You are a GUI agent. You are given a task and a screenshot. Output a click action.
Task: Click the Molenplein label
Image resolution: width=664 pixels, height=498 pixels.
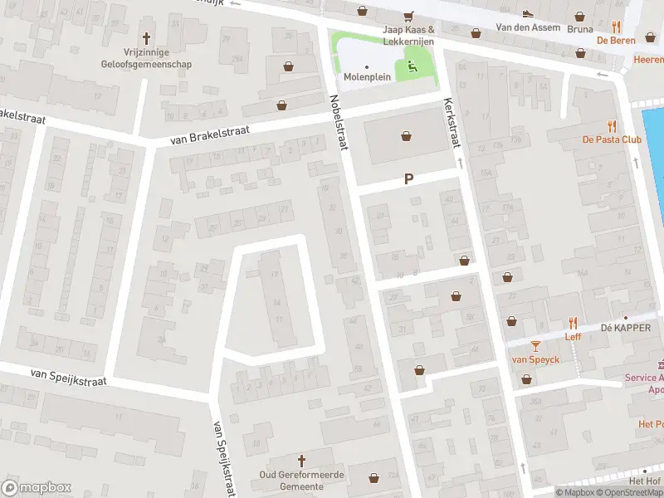pyautogui.click(x=367, y=77)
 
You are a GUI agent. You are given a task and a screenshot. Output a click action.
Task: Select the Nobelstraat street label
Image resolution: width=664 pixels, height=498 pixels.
pyautogui.click(x=336, y=124)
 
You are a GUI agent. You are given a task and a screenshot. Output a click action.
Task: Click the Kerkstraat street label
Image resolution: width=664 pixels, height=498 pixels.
pyautogui.click(x=452, y=125)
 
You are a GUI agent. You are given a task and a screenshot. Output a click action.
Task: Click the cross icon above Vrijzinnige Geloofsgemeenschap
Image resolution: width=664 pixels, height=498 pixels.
pyautogui.click(x=148, y=38)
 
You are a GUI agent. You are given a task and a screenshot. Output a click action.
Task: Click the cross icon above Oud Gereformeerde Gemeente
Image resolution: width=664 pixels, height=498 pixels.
pyautogui.click(x=301, y=460)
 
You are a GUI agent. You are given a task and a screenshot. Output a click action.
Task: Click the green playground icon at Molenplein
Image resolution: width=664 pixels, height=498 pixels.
pyautogui.click(x=413, y=66)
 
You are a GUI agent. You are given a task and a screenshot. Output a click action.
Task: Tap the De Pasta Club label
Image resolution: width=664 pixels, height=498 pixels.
pyautogui.click(x=612, y=139)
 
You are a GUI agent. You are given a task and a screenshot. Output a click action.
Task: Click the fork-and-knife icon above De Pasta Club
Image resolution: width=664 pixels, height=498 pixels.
pyautogui.click(x=612, y=125)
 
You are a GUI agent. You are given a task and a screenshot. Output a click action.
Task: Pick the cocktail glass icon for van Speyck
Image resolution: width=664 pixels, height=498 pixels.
pyautogui.click(x=535, y=345)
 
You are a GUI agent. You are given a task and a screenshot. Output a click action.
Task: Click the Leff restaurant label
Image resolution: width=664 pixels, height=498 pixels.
pyautogui.click(x=573, y=336)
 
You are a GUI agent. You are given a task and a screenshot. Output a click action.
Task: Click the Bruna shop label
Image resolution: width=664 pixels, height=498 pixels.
pyautogui.click(x=580, y=28)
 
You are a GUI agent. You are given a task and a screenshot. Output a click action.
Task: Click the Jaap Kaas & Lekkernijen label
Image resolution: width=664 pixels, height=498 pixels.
pyautogui.click(x=408, y=34)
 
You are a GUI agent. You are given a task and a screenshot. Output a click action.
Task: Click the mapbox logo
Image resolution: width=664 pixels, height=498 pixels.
pyautogui.click(x=37, y=487)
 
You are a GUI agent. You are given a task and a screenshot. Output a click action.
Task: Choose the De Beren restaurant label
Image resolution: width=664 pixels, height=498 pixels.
pyautogui.click(x=616, y=40)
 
